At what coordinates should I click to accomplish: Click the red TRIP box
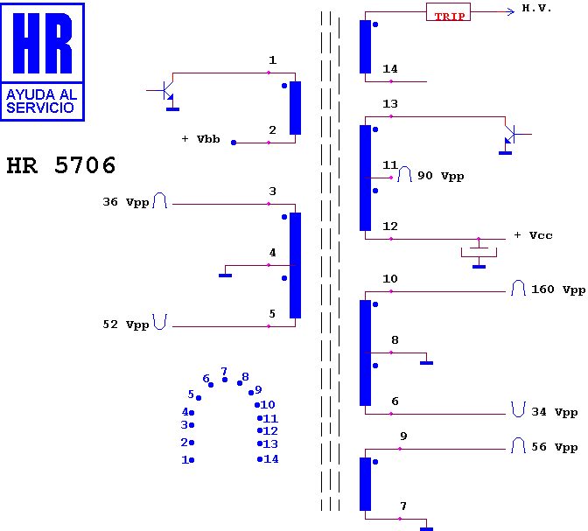pyautogui.click(x=448, y=12)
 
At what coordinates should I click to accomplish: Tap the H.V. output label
pyautogui.click(x=536, y=8)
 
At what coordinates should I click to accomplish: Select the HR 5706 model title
pyautogui.click(x=61, y=165)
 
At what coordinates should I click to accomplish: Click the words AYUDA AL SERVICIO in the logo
pyautogui.click(x=41, y=101)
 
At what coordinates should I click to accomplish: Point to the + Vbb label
pyautogui.click(x=200, y=139)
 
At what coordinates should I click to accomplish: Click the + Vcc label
pyautogui.click(x=533, y=235)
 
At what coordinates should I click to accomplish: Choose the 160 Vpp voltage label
pyautogui.click(x=558, y=290)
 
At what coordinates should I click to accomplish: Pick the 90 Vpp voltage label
pyautogui.click(x=441, y=176)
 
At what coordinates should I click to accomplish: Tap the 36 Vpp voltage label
pyautogui.click(x=126, y=202)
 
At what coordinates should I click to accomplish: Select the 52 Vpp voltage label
pyautogui.click(x=126, y=325)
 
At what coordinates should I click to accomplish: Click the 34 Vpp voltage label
pyautogui.click(x=554, y=412)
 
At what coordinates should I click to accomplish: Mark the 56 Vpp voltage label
pyautogui.click(x=554, y=447)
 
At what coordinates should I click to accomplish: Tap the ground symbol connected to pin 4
pyautogui.click(x=226, y=276)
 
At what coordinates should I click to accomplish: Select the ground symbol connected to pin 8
pyautogui.click(x=427, y=363)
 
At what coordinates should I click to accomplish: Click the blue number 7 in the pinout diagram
pyautogui.click(x=224, y=371)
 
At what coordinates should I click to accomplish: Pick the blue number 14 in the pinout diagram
pyautogui.click(x=271, y=459)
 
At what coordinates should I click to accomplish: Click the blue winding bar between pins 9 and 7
pyautogui.click(x=365, y=484)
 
